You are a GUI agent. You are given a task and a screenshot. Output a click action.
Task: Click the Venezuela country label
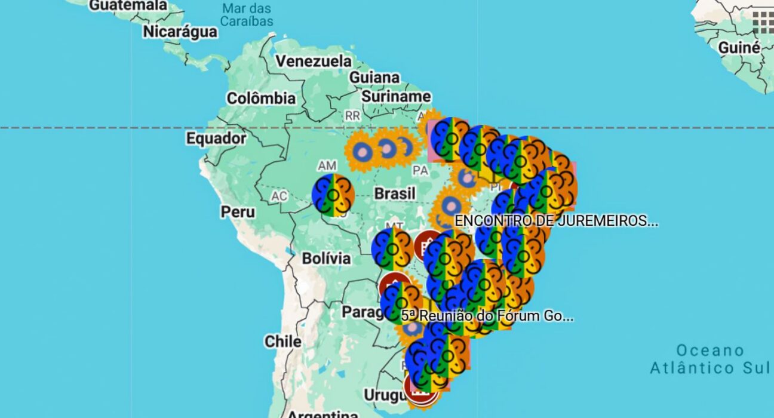tap(314, 62)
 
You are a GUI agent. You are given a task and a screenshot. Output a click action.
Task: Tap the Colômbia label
tap(261, 98)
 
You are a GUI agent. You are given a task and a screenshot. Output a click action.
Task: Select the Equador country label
tap(216, 139)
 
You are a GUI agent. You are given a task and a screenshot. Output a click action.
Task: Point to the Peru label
tap(238, 211)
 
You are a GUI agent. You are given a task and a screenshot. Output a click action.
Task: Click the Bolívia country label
tap(326, 259)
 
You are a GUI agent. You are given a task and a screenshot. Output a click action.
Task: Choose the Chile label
tap(283, 342)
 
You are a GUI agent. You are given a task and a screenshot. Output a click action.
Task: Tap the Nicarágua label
tap(180, 32)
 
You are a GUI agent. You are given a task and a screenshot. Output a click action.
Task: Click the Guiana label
tap(374, 78)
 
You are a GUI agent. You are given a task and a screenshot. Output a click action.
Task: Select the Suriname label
tap(396, 96)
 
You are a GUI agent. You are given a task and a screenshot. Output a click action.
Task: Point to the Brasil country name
tap(395, 193)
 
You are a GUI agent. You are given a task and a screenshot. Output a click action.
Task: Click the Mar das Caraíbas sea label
tap(247, 15)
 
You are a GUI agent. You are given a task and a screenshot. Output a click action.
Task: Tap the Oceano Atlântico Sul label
tap(711, 359)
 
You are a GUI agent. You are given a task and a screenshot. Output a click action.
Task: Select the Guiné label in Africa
tap(739, 48)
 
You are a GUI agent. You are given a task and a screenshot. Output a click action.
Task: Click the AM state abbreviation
tap(328, 165)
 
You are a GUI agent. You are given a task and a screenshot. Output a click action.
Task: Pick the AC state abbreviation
tap(279, 196)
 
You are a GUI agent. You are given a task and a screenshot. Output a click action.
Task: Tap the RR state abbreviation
tap(352, 116)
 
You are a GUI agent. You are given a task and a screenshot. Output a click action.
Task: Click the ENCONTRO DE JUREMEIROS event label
tap(556, 221)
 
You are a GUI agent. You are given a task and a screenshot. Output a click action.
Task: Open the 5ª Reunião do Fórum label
tap(487, 316)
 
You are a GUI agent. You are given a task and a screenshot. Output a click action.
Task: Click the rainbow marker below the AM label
tap(333, 195)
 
